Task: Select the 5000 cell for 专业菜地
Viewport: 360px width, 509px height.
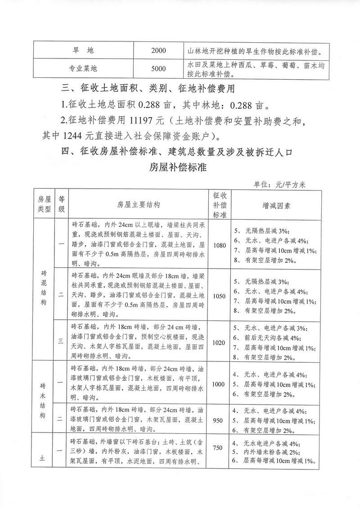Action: pos(159,69)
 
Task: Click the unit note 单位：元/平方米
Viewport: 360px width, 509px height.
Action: pos(279,184)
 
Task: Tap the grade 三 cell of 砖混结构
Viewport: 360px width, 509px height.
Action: pos(61,341)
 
